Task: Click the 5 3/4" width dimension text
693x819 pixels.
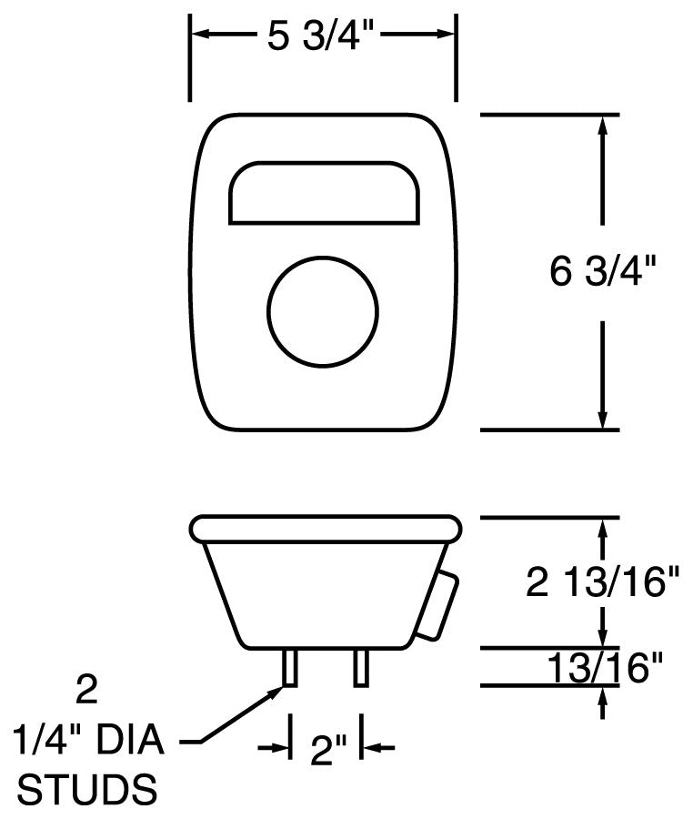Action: [x=322, y=35]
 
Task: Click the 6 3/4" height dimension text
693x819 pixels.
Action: [x=603, y=272]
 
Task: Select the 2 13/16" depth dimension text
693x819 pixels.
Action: [x=603, y=583]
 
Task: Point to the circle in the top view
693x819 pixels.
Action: [x=323, y=310]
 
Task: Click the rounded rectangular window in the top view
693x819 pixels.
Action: [x=323, y=193]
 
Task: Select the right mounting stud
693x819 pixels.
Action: [x=361, y=668]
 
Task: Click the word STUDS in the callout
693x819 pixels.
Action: [x=87, y=789]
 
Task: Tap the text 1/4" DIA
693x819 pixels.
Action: [x=87, y=742]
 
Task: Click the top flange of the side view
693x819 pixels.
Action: [x=325, y=529]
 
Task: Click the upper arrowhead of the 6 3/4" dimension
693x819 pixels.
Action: [x=601, y=126]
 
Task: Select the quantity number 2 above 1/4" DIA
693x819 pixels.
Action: [x=86, y=692]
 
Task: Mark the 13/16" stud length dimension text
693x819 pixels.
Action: [x=603, y=669]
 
